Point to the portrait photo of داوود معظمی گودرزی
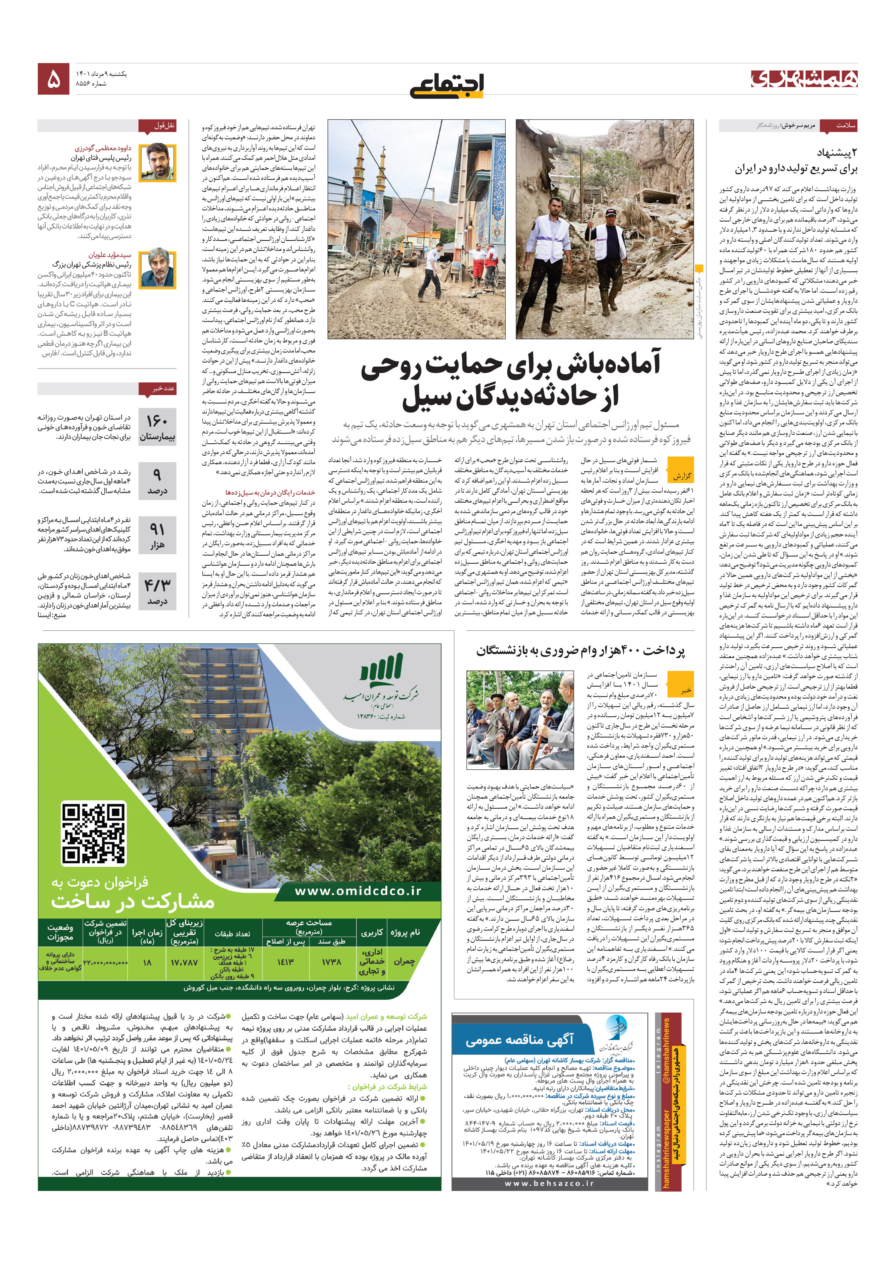click(x=157, y=163)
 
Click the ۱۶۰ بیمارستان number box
click(x=157, y=427)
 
